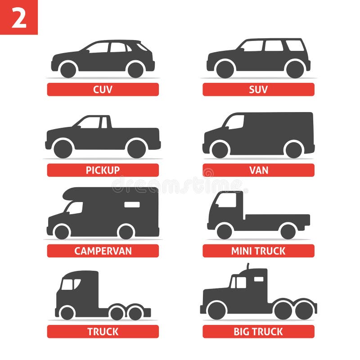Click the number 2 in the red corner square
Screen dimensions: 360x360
[18, 18]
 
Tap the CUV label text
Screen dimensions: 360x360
[103, 90]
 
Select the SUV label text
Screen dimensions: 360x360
[258, 90]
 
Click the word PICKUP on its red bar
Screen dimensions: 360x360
[103, 170]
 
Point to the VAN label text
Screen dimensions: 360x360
[258, 170]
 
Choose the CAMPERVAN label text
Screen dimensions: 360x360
[103, 251]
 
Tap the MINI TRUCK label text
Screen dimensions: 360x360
[258, 251]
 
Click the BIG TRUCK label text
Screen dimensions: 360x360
[258, 332]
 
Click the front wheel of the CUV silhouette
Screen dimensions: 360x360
[68, 69]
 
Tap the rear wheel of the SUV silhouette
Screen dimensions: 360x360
[295, 69]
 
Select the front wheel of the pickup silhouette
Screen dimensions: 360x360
[63, 149]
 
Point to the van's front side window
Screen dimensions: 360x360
[235, 122]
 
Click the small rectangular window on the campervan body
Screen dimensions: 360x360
[132, 205]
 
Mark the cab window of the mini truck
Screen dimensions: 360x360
[226, 200]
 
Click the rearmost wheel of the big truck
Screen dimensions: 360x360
[305, 310]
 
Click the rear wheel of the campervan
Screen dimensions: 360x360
[126, 231]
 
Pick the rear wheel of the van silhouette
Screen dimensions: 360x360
[293, 149]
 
